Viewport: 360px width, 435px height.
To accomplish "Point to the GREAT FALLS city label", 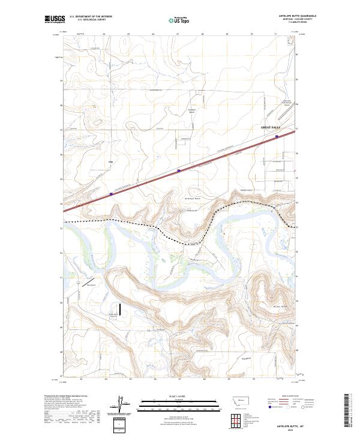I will pyautogui.click(x=271, y=128).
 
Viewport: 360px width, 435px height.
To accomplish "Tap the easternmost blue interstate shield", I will pyautogui.click(x=277, y=136).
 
